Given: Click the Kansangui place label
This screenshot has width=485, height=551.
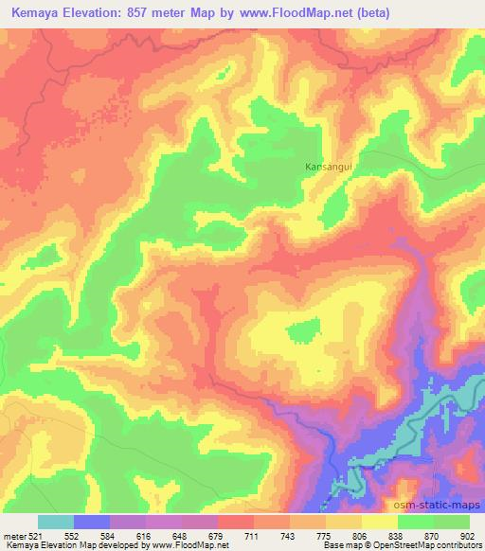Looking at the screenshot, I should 328,168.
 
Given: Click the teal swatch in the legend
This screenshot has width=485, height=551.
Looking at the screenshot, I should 56,522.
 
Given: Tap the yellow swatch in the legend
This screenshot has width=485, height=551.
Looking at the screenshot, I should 380,522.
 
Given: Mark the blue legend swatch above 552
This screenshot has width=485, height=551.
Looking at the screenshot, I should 92,522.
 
